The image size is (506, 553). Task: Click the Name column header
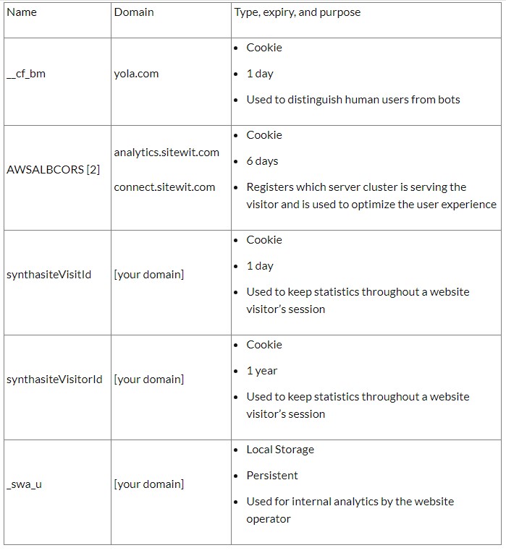coord(21,12)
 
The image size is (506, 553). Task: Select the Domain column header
coord(134,12)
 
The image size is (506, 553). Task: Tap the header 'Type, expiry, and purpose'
coord(298,12)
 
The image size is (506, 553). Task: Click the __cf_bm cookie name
coord(25,74)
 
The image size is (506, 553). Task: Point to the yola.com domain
coord(136,74)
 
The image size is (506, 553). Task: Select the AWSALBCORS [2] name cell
coord(53,170)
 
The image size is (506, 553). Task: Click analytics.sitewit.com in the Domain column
coord(166,152)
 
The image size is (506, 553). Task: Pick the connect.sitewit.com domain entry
coord(164,187)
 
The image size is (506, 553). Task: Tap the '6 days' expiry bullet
coord(262,161)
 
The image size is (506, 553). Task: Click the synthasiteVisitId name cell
coord(49,275)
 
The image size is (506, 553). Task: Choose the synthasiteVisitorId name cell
coord(54,380)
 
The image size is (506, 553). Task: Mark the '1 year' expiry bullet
coord(262,371)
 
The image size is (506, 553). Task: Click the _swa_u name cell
coord(24,484)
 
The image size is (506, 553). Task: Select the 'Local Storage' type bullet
coord(280,450)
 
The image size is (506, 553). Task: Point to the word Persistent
coord(272,476)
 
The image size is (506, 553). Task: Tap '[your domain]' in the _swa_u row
coord(148,484)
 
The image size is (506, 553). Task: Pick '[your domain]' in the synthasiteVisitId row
coord(148,275)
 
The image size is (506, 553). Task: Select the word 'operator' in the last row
coord(269,519)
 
